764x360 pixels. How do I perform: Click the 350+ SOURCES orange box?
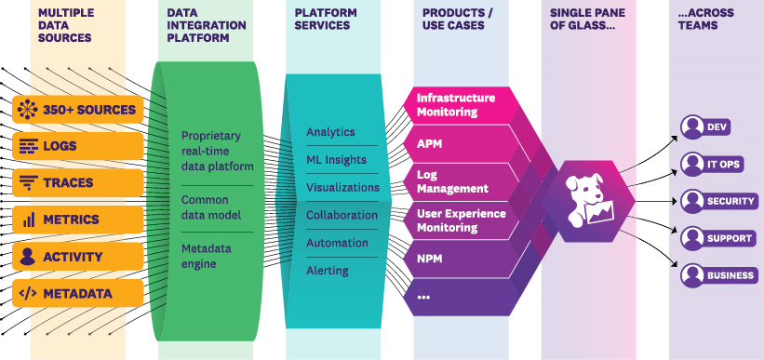coord(78,110)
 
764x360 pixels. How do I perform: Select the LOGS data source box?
coord(78,146)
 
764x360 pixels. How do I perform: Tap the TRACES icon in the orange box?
coord(28,183)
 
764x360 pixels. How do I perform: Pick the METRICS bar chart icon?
coord(28,220)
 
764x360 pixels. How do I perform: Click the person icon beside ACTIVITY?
coord(28,257)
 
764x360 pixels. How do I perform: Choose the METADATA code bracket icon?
coord(28,294)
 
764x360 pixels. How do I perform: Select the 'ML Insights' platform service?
coord(337,160)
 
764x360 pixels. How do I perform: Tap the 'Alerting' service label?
coord(328,271)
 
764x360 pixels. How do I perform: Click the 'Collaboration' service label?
coord(342,215)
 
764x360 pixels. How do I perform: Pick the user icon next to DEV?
coord(691,127)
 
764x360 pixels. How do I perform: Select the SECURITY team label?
coord(730,201)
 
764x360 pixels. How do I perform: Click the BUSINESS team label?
coord(730,275)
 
